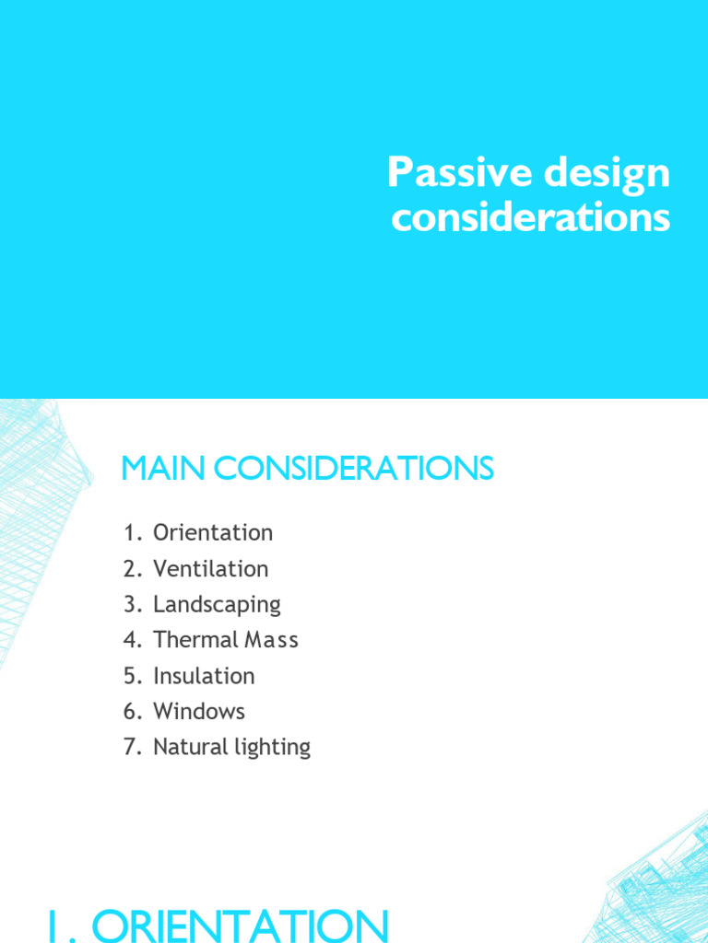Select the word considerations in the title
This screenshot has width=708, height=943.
[530, 219]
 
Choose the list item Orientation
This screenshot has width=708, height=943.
[213, 533]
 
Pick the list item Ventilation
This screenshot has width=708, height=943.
[211, 569]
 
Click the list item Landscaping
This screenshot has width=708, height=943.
[217, 605]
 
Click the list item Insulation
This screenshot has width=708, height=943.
[204, 676]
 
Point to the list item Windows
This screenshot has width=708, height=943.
[199, 712]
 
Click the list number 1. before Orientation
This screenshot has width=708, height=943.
[132, 533]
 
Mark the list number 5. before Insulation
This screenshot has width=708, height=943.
[132, 676]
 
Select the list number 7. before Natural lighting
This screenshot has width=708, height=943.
[132, 747]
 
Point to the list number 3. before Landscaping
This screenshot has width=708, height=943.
[132, 605]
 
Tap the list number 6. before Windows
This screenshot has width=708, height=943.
[132, 712]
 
